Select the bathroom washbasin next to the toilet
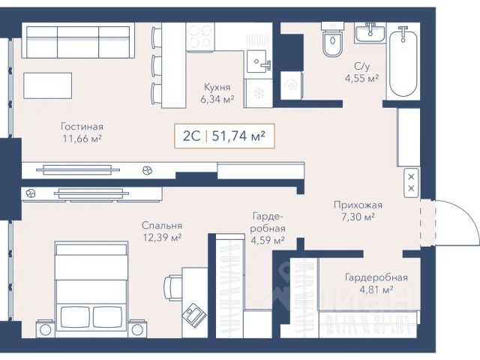[370, 33]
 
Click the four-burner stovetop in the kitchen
[200, 37]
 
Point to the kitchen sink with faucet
[259, 61]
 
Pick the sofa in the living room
[78, 41]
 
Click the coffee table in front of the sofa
[48, 85]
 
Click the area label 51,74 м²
[238, 136]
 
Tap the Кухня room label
[217, 87]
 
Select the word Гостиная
[82, 127]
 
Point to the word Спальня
[162, 226]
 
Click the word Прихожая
[358, 205]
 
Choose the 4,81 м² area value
[376, 289]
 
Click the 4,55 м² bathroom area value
[361, 78]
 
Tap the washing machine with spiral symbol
[292, 85]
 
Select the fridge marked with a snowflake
[258, 93]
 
